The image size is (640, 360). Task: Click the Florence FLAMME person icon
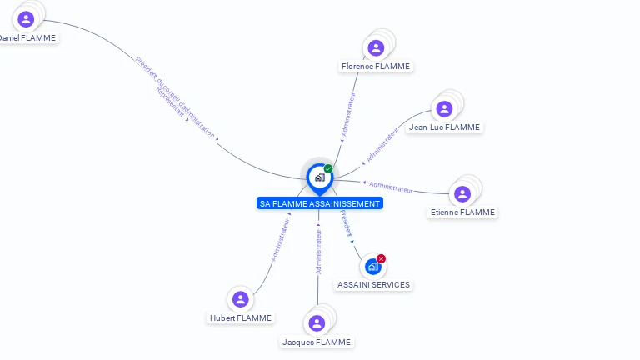point(376,48)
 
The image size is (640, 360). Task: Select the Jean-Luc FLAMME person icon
point(444,109)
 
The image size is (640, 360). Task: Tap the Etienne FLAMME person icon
point(462,194)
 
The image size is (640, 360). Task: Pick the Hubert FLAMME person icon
point(241,299)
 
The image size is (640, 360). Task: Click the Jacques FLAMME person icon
point(317,323)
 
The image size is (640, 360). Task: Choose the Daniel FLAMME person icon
point(26,18)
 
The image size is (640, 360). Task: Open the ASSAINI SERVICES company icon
point(372,267)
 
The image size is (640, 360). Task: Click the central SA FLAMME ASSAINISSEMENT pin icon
point(319,177)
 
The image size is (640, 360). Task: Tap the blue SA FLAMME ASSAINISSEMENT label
point(320,203)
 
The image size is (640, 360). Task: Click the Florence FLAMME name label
point(376,67)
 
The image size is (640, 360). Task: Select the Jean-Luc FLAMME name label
point(444,127)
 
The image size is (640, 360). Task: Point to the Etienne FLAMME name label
point(462,212)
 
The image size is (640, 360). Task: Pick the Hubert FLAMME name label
point(241,317)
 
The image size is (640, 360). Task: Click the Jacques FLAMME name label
point(317,342)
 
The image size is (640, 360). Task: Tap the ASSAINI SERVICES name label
point(373,284)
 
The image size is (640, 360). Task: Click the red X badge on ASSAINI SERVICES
point(381,258)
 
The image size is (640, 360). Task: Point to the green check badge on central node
point(328,168)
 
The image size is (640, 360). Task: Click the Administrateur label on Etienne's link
point(391,187)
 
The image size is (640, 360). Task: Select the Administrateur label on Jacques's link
point(319,251)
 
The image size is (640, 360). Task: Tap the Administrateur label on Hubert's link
point(281,237)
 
